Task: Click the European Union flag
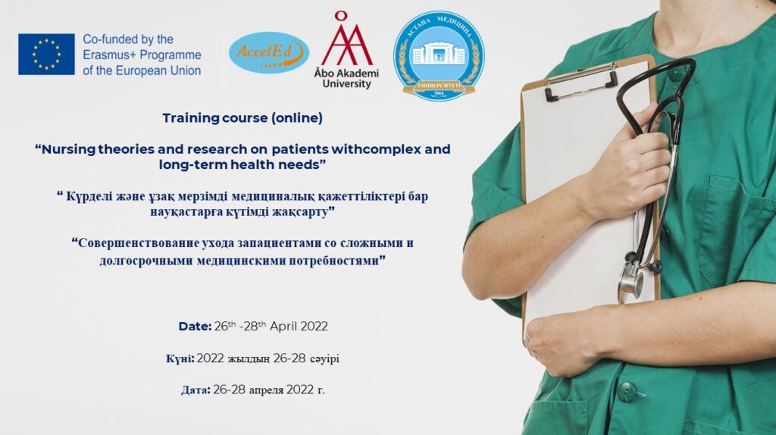tap(46, 54)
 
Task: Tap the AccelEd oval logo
tap(269, 53)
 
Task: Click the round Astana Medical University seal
tap(439, 56)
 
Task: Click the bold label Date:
tap(195, 327)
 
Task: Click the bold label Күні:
tap(180, 358)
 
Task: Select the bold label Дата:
tap(196, 390)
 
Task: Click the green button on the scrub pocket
tap(627, 392)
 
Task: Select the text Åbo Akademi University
tap(346, 79)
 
